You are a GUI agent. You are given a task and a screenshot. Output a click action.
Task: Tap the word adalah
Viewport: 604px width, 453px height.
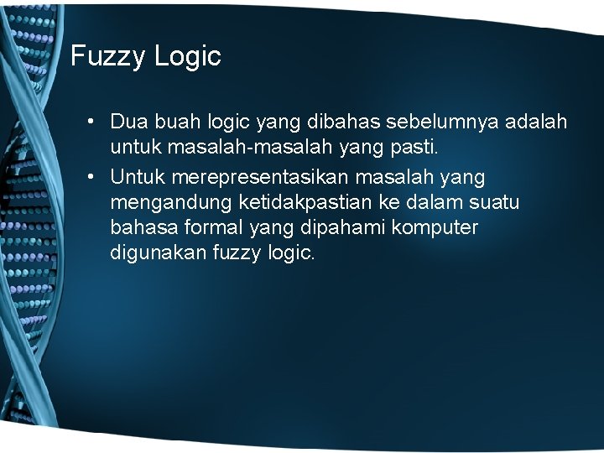coord(536,122)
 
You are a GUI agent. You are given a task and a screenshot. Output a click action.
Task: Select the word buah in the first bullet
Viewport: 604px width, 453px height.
coord(175,122)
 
